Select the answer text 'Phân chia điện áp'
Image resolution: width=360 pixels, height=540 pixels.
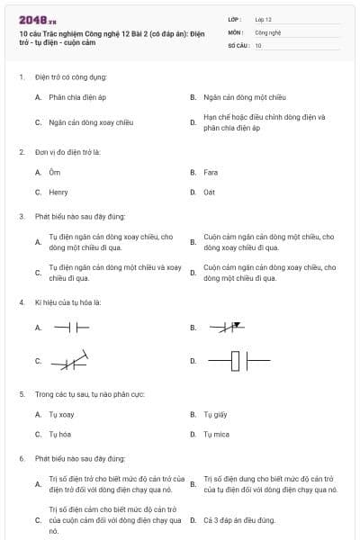(x=77, y=95)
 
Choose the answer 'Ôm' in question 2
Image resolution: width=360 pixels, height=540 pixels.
(x=55, y=171)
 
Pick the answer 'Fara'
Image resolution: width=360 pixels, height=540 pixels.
(x=211, y=171)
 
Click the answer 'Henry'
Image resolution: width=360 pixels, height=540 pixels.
(x=58, y=192)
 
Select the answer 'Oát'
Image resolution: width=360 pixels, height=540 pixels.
(x=211, y=192)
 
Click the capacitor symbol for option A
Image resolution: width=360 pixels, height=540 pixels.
(x=72, y=328)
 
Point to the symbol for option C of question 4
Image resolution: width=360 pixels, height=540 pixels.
(x=71, y=362)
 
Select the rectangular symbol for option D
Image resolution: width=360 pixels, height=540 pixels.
(x=238, y=362)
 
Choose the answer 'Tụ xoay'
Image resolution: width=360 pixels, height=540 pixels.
(x=60, y=414)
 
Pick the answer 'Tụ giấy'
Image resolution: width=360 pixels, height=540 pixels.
(x=215, y=414)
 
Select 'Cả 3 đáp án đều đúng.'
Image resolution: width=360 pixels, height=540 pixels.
(x=238, y=520)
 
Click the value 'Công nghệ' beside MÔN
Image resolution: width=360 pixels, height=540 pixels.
(x=268, y=31)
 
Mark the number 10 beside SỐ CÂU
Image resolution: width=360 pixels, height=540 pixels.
(x=258, y=44)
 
